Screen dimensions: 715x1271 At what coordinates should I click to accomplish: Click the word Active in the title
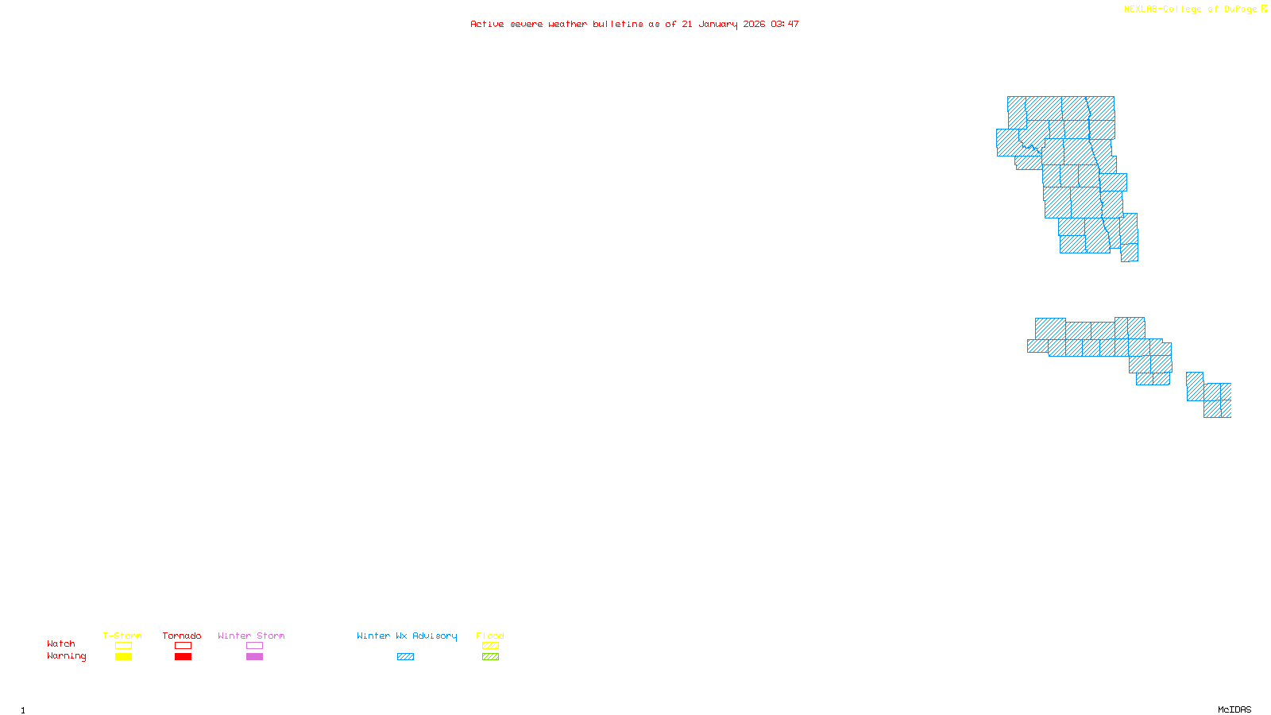pyautogui.click(x=487, y=24)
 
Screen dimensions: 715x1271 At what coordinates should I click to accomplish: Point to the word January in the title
pyautogui.click(x=718, y=24)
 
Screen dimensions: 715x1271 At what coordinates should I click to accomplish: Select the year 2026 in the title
pyautogui.click(x=755, y=24)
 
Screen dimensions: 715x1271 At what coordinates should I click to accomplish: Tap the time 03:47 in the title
pyautogui.click(x=785, y=24)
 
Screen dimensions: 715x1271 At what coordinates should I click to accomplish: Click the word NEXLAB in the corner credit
pyautogui.click(x=1141, y=9)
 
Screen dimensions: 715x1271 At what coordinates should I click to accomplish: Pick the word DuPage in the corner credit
pyautogui.click(x=1241, y=9)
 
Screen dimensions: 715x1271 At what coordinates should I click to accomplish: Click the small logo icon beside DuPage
pyautogui.click(x=1265, y=9)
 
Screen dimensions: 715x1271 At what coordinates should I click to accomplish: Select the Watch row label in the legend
pyautogui.click(x=61, y=643)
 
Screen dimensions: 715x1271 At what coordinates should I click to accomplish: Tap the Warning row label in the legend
pyautogui.click(x=67, y=656)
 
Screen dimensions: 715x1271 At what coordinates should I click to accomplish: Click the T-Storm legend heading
pyautogui.click(x=122, y=636)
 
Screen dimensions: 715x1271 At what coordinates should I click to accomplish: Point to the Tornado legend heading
pyautogui.click(x=182, y=636)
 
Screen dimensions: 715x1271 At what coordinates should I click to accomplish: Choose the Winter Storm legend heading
pyautogui.click(x=251, y=636)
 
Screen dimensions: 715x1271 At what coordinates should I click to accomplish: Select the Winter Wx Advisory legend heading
pyautogui.click(x=407, y=636)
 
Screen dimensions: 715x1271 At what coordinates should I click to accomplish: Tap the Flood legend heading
pyautogui.click(x=490, y=636)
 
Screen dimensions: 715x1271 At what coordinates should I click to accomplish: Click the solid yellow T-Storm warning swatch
pyautogui.click(x=123, y=657)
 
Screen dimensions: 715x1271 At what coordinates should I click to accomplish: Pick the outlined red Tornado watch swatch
pyautogui.click(x=183, y=646)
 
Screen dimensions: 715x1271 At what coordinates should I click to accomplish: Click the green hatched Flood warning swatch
pyautogui.click(x=490, y=657)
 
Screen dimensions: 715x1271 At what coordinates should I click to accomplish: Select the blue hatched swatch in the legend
pyautogui.click(x=405, y=657)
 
